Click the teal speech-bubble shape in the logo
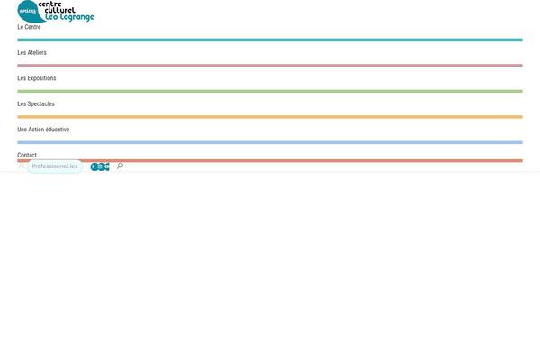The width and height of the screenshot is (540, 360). click(x=30, y=12)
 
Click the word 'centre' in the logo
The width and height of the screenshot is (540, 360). click(x=49, y=4)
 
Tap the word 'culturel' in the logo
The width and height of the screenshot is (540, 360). click(x=59, y=10)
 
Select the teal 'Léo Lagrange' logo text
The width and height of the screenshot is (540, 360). click(x=69, y=17)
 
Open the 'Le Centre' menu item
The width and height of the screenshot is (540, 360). click(x=29, y=27)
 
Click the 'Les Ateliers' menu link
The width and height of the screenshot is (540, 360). click(x=31, y=53)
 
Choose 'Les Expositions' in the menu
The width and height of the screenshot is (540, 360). click(x=37, y=78)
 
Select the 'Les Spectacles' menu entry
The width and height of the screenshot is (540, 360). click(x=36, y=103)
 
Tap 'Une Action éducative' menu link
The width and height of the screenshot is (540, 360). click(x=43, y=130)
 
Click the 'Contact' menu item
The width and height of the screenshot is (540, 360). click(x=27, y=155)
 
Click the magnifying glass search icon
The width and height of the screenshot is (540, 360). click(x=120, y=166)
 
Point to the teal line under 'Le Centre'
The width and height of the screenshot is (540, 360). click(x=270, y=40)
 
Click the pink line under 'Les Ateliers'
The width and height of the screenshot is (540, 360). click(x=270, y=66)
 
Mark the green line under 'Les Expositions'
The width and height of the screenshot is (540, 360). click(x=270, y=91)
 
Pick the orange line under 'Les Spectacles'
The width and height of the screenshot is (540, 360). click(x=270, y=117)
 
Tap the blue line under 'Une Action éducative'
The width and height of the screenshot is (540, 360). click(x=270, y=142)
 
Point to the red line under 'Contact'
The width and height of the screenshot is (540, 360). click(x=270, y=161)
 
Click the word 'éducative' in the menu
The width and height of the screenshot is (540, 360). click(x=58, y=130)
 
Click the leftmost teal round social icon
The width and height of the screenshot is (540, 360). click(x=94, y=166)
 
